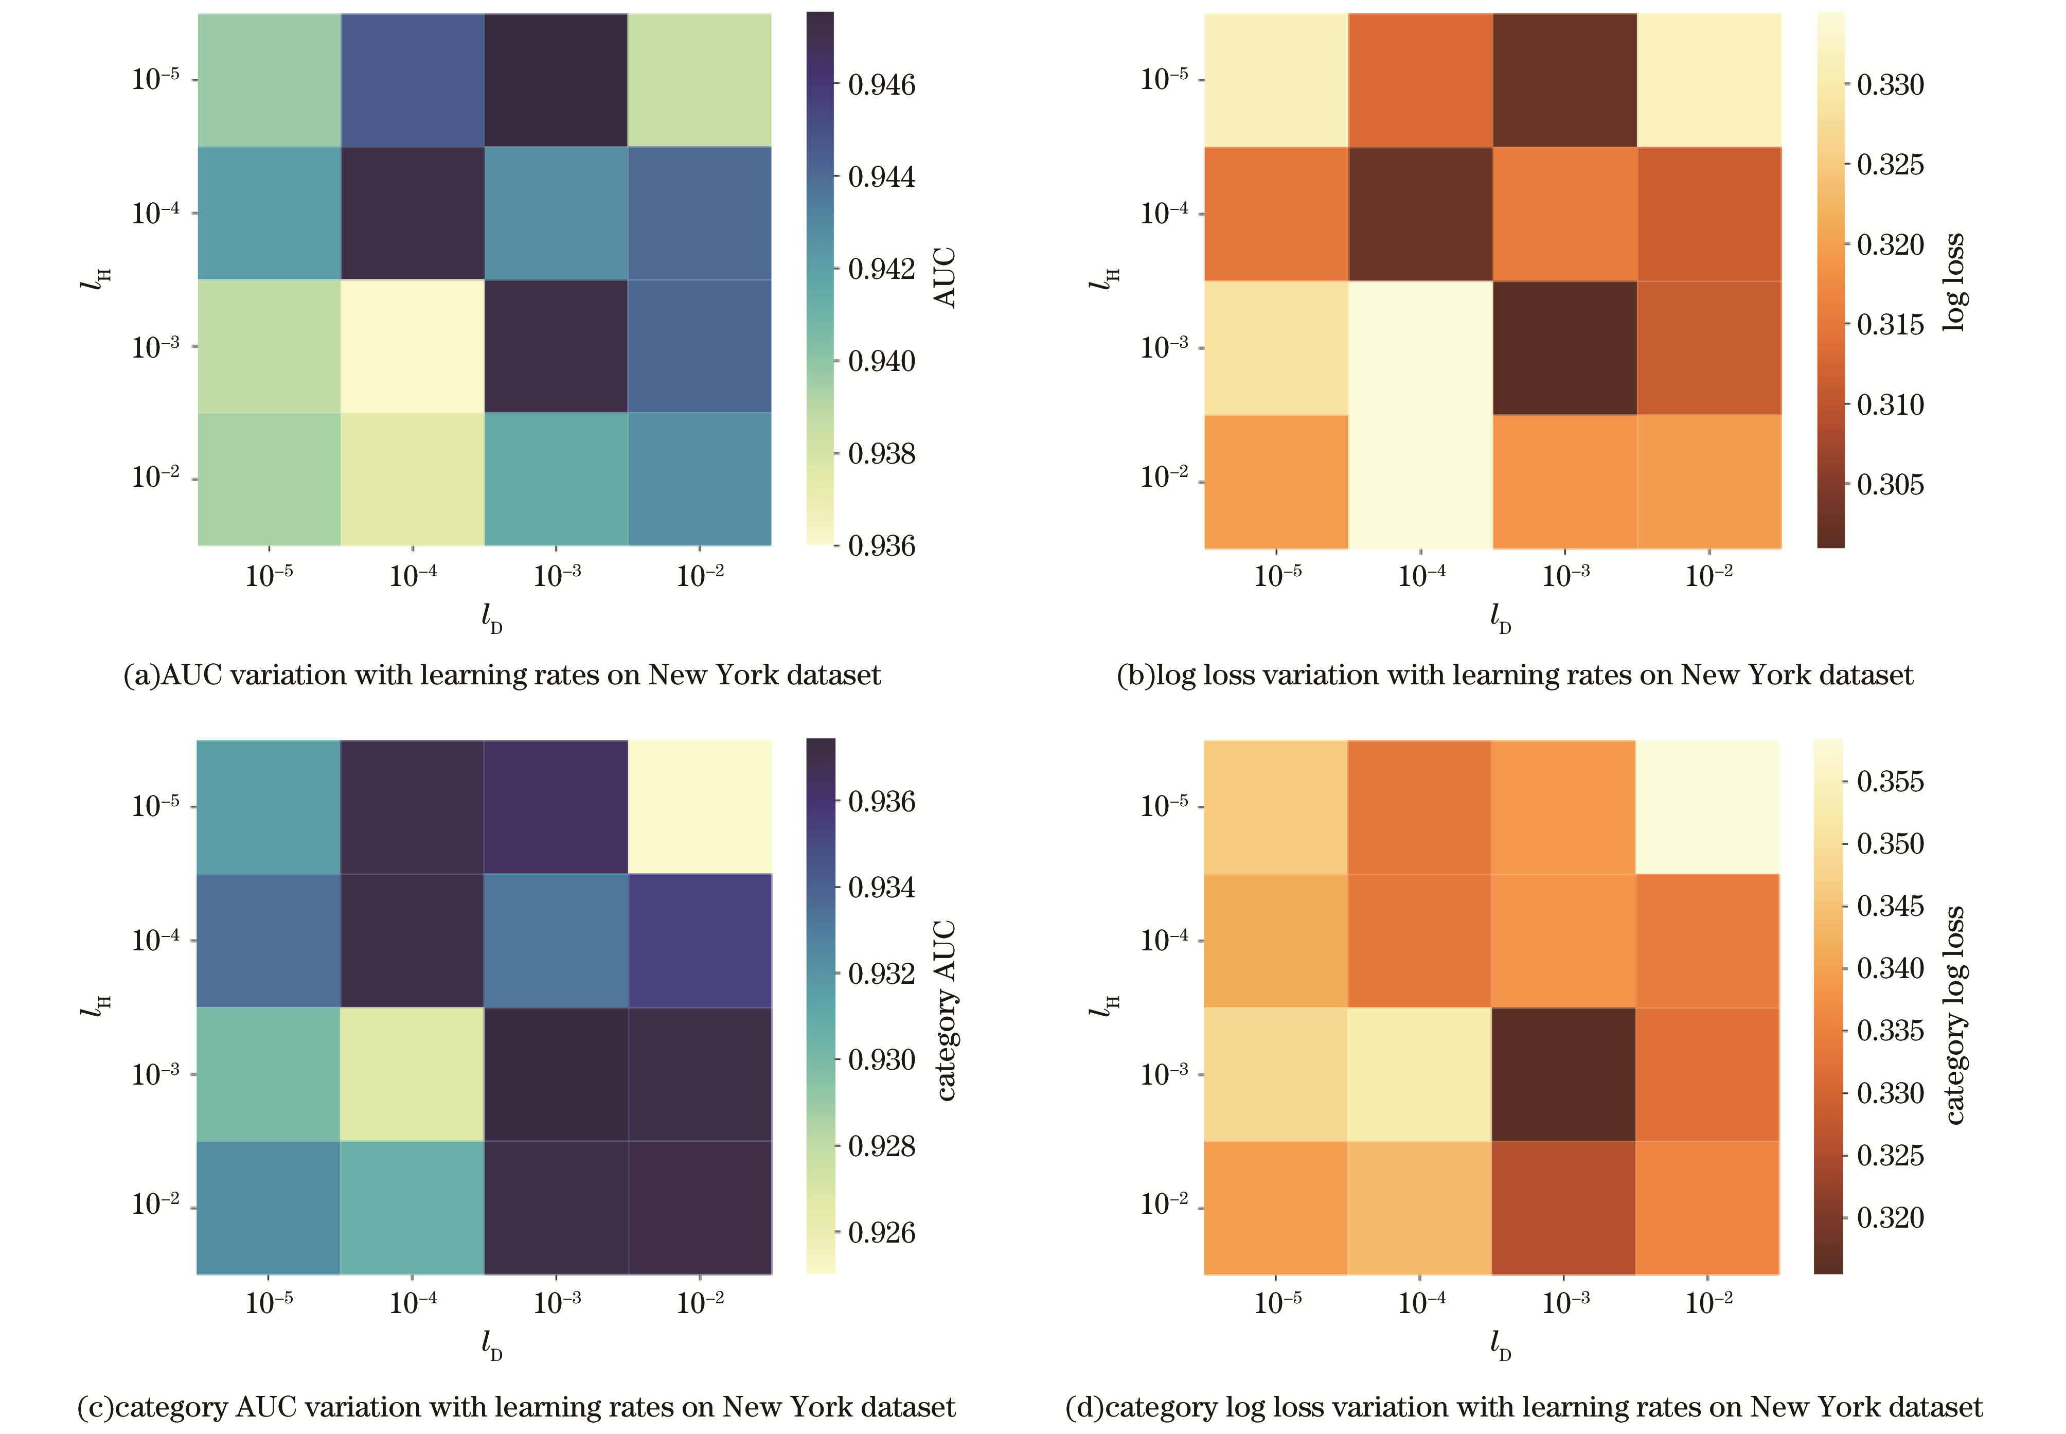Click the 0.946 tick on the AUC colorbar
pyautogui.click(x=881, y=85)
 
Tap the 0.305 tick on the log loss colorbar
pyautogui.click(x=1890, y=485)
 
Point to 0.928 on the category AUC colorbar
pyautogui.click(x=881, y=1146)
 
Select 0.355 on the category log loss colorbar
pyautogui.click(x=1890, y=782)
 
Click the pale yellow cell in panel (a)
pyautogui.click(x=412, y=346)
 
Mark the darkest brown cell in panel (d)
pyautogui.click(x=1563, y=1074)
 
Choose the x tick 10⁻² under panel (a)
pyautogui.click(x=700, y=575)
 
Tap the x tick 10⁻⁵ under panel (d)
pyautogui.click(x=1276, y=1302)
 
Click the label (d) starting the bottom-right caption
pyautogui.click(x=1084, y=1407)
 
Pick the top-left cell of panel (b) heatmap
pyautogui.click(x=1275, y=80)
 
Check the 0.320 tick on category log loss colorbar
pyautogui.click(x=1890, y=1218)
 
